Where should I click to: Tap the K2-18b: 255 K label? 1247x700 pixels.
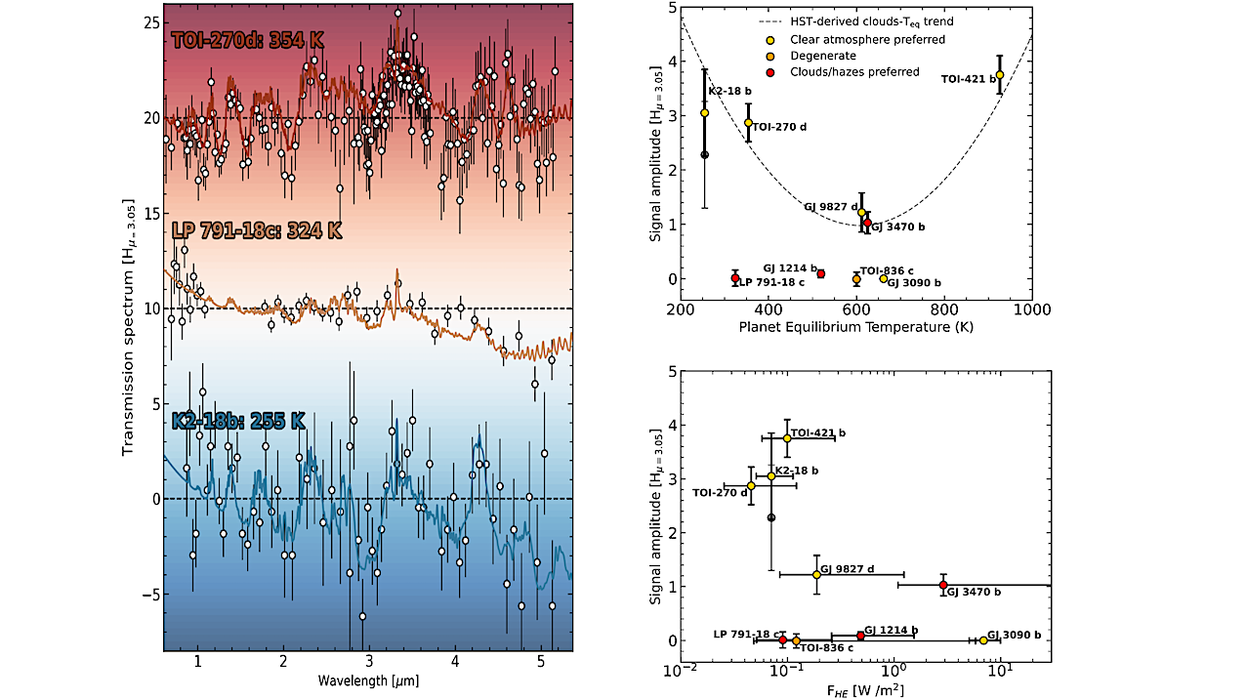[239, 422]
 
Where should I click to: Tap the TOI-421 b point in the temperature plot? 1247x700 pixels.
[999, 75]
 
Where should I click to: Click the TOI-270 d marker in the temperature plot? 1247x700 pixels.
[749, 123]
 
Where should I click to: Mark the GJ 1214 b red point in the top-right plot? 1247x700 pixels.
[821, 274]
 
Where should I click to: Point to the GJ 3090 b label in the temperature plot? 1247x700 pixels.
[914, 283]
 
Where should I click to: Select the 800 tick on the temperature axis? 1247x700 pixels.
[943, 310]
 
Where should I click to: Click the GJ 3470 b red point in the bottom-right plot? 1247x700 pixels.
[943, 586]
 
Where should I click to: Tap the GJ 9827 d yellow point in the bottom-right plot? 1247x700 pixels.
[817, 575]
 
